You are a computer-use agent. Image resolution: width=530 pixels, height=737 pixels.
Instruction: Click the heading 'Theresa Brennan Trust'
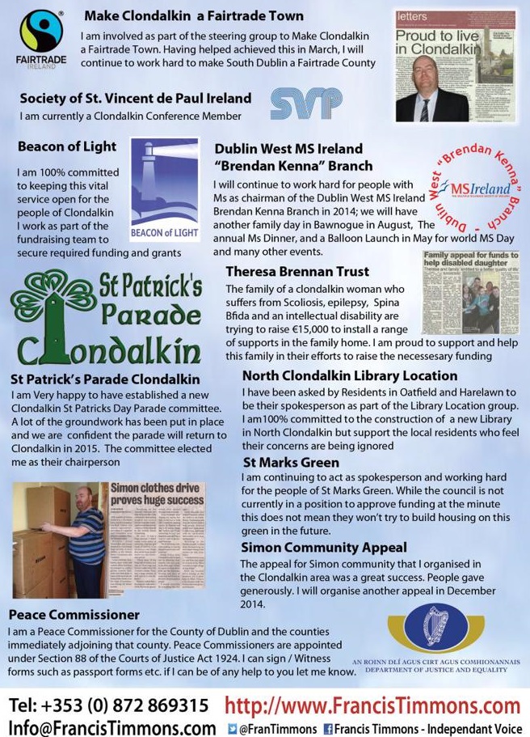click(x=297, y=272)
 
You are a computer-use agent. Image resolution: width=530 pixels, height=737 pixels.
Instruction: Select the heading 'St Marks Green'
click(x=291, y=463)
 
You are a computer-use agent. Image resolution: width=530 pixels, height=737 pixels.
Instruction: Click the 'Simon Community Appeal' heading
click(x=324, y=548)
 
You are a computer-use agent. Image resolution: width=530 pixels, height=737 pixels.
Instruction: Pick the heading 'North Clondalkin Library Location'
click(x=350, y=376)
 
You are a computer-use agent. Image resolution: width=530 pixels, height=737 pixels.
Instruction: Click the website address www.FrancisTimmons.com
click(x=372, y=705)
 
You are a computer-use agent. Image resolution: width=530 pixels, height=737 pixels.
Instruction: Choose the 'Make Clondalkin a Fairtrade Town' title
click(x=194, y=15)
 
